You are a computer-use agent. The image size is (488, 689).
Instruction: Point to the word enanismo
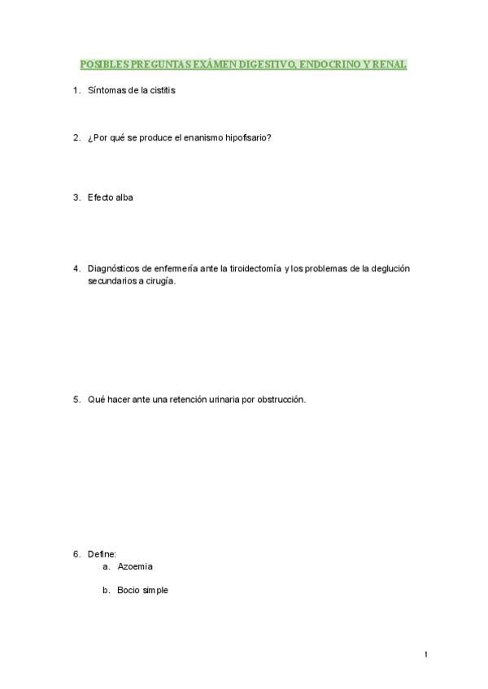coord(197,137)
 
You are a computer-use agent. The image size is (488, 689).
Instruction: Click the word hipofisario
coord(246,137)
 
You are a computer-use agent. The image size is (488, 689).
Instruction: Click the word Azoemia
coord(135,566)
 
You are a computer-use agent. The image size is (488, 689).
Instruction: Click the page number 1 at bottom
coord(425,654)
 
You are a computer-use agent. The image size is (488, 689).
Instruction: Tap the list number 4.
coord(76,268)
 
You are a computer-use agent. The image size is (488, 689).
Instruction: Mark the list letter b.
coord(106,591)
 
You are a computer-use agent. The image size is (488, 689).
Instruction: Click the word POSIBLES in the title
coord(103,64)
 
